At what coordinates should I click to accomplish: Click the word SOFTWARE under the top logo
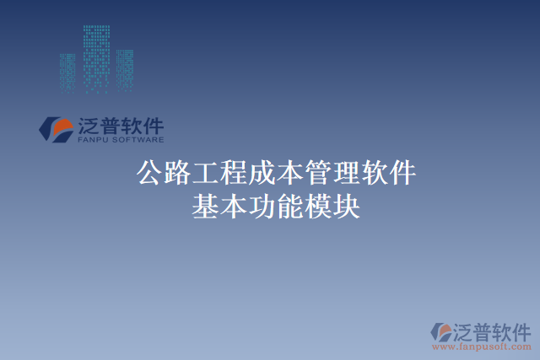click(138, 141)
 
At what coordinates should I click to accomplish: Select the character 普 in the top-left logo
click(110, 126)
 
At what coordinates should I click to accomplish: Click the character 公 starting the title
click(150, 174)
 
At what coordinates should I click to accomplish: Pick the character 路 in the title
click(178, 174)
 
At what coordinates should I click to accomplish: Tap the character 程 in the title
click(234, 174)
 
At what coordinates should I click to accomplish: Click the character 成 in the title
click(262, 174)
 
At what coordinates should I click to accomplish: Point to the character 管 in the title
click(317, 174)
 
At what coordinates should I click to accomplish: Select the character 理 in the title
click(345, 174)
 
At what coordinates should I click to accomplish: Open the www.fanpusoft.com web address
click(482, 346)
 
